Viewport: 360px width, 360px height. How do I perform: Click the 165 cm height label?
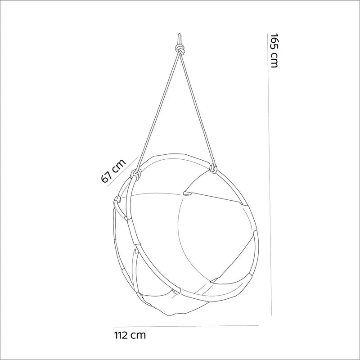click(274, 50)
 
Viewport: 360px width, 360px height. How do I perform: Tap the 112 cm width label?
click(130, 335)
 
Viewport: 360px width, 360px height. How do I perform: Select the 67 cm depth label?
click(113, 171)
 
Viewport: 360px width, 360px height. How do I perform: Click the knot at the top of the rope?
click(180, 49)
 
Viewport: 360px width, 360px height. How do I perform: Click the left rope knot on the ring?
click(136, 174)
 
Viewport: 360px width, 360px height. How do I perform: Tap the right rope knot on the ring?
click(213, 169)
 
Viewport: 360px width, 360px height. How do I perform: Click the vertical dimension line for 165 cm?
click(270, 175)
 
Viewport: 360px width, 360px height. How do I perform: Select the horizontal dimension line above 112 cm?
click(186, 326)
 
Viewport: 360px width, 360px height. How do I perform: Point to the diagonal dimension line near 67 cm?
click(122, 172)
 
